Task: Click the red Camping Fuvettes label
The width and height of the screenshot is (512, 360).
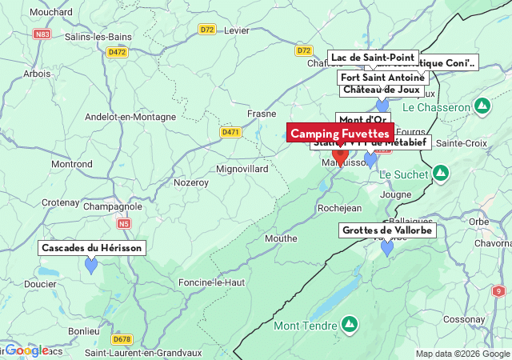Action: pos(340,133)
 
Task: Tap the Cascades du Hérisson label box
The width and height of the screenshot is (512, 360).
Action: pos(92,248)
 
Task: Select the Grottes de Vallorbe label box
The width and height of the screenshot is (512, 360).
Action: pos(387,230)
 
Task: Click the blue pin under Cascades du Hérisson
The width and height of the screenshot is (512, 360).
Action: pos(91,265)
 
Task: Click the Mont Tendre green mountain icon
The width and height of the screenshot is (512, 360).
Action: pos(349,324)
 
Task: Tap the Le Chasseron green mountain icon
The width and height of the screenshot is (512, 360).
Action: pos(482,106)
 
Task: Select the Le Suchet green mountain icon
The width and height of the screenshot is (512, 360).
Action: pos(441,173)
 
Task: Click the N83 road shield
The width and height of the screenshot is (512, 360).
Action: pos(42,34)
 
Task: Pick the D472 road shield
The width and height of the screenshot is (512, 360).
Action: pos(117,52)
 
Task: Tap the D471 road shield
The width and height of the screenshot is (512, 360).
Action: pos(231,131)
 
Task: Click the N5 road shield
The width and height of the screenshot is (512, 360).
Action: pos(122,224)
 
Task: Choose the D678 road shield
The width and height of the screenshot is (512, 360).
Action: pos(122,338)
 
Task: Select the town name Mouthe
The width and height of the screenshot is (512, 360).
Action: pos(281,238)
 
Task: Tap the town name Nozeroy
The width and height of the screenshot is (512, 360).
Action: pos(191,182)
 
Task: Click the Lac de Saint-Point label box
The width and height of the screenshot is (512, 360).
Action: pos(373,58)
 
